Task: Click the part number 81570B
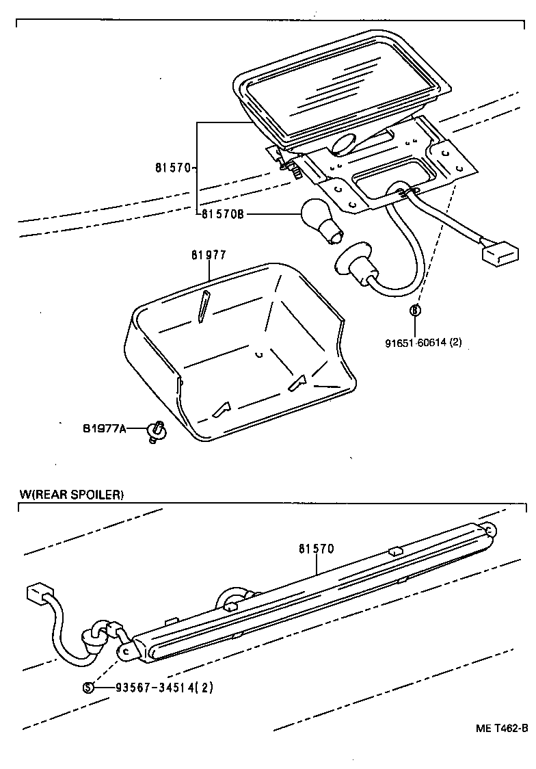tap(223, 214)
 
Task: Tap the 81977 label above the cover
tap(209, 255)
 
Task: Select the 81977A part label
tap(105, 430)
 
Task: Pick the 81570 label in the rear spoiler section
tap(316, 549)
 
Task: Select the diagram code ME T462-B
tap(502, 727)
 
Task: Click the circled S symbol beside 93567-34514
tap(88, 688)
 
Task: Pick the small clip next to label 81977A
tap(157, 431)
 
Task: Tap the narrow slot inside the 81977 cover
tap(204, 306)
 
